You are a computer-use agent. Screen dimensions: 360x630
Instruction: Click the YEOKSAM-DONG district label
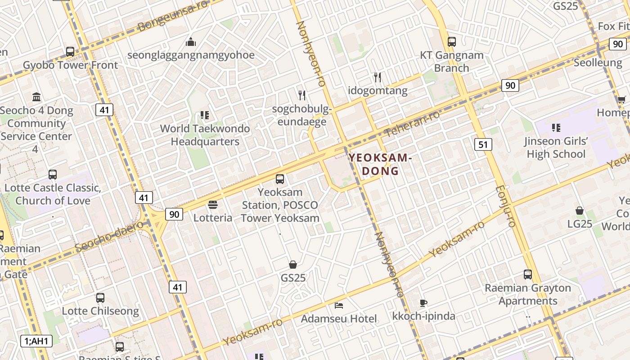(x=380, y=164)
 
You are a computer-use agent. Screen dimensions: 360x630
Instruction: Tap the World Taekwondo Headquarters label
(x=205, y=135)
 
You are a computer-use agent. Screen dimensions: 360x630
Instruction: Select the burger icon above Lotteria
(x=213, y=205)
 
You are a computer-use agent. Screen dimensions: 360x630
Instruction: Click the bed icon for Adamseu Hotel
(x=339, y=306)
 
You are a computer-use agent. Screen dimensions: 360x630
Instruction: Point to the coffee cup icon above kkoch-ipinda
(x=423, y=303)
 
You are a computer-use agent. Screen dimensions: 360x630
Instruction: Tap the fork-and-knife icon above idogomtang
(x=378, y=77)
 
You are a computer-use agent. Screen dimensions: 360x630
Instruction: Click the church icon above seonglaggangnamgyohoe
(x=191, y=42)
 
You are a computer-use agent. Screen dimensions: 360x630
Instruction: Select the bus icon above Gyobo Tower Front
(x=70, y=52)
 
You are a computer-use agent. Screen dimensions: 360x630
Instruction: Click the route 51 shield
(x=483, y=144)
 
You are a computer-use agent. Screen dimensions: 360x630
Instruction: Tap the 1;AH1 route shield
(x=36, y=341)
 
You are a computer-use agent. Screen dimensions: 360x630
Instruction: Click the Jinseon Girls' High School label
(x=556, y=148)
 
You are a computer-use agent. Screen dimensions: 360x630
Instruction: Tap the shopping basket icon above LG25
(x=580, y=211)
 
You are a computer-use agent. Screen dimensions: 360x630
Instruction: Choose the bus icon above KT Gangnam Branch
(x=451, y=42)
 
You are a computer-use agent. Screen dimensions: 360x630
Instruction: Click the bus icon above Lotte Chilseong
(x=100, y=298)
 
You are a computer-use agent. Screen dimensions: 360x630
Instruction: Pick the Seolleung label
(x=597, y=63)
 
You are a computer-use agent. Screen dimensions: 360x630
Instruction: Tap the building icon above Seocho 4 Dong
(x=36, y=97)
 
